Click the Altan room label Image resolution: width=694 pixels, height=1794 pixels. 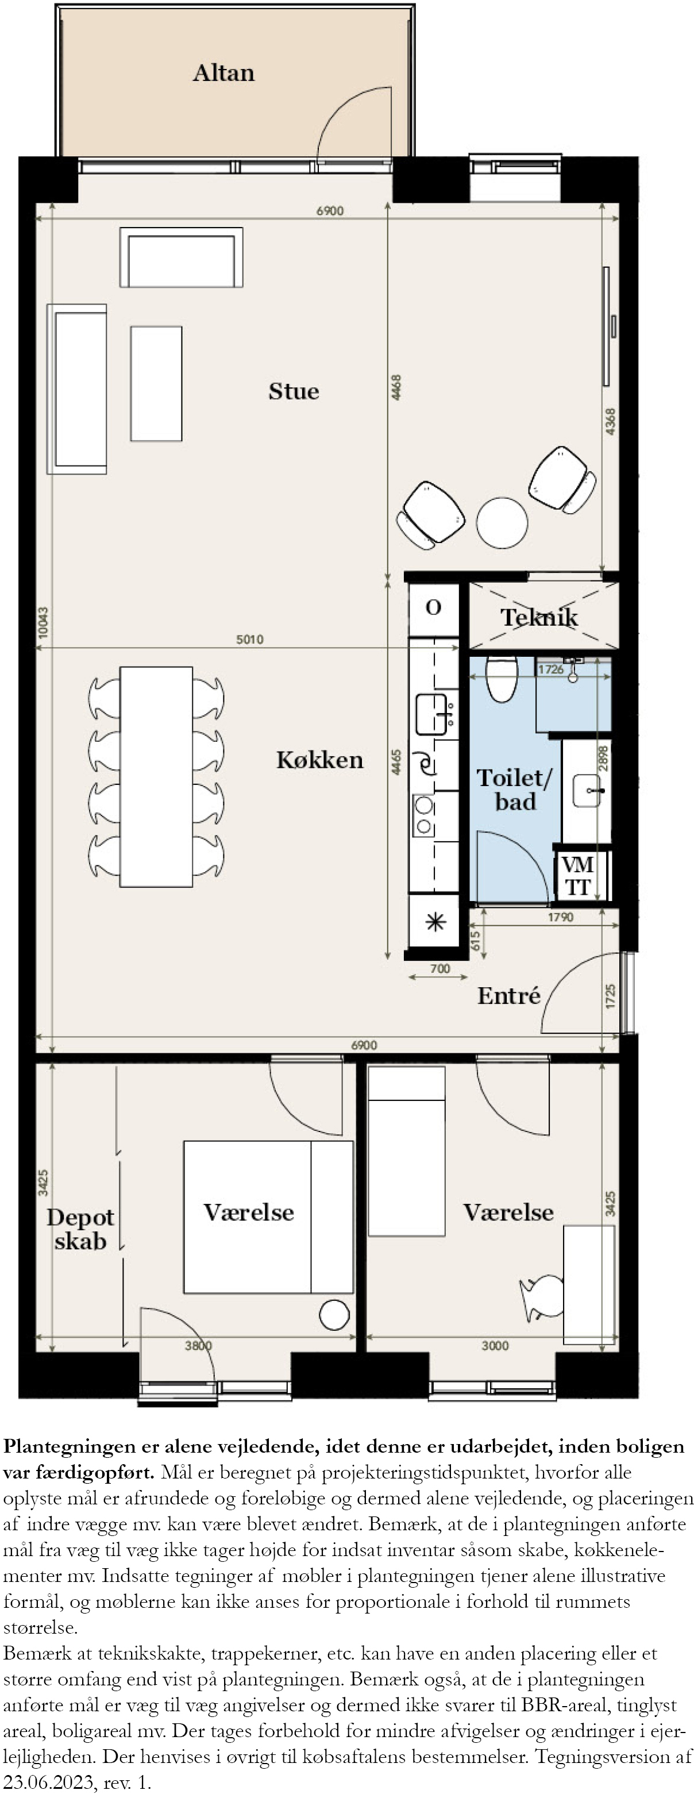(223, 73)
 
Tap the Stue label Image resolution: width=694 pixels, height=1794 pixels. (294, 391)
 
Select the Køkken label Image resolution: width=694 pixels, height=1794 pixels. (319, 760)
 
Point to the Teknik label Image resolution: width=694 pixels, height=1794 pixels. (539, 617)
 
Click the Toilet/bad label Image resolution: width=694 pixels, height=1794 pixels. (515, 790)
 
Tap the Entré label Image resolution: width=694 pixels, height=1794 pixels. (509, 995)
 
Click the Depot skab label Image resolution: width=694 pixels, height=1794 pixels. (80, 1229)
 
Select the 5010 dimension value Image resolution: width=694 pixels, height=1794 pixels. (250, 640)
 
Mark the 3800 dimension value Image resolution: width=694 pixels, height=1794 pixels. (198, 1346)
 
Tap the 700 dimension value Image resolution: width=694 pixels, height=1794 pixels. (440, 969)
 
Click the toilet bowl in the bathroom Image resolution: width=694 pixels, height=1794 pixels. (501, 678)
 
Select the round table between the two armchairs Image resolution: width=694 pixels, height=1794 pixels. (502, 523)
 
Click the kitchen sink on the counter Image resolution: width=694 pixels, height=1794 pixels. (431, 714)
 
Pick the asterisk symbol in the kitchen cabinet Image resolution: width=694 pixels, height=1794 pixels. (435, 923)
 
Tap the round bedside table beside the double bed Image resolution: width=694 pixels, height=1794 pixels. (334, 1315)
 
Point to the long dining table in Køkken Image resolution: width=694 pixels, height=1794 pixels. (156, 776)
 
